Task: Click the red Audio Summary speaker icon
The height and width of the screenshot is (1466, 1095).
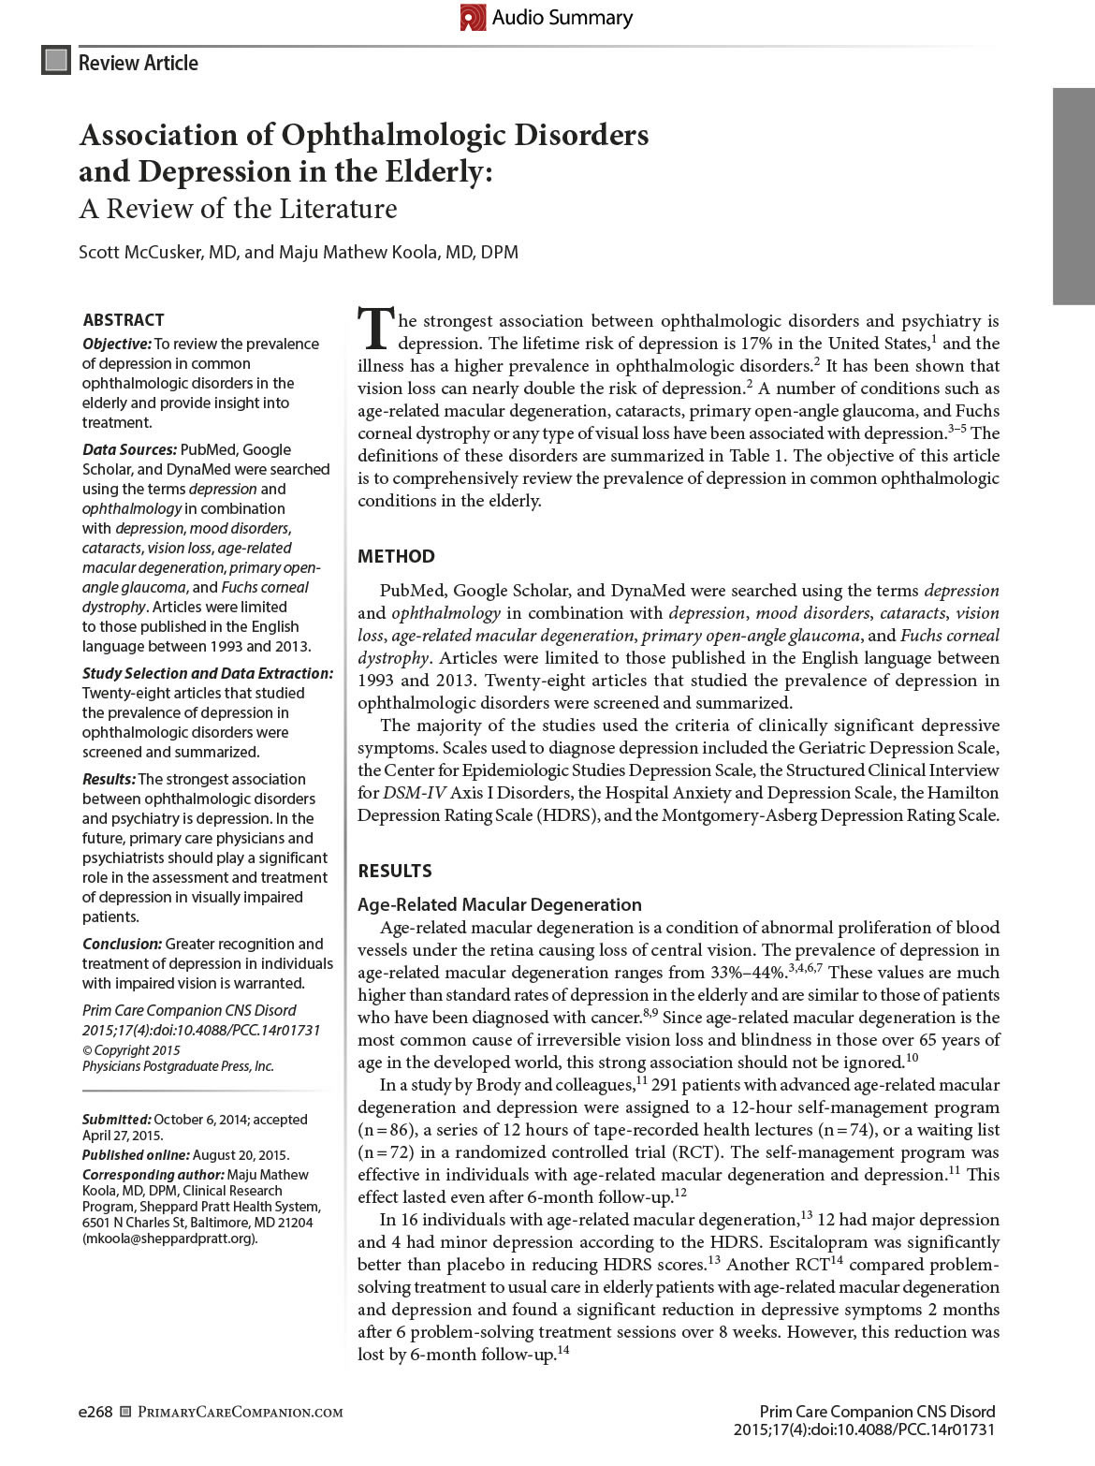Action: tap(474, 17)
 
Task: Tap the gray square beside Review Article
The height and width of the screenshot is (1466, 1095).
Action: tap(56, 62)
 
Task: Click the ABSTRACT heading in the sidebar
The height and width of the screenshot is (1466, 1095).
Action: tap(124, 319)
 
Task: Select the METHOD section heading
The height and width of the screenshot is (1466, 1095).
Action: tap(396, 556)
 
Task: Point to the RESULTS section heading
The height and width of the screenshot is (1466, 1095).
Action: tap(395, 871)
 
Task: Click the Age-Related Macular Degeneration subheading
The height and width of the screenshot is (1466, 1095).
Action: tap(500, 904)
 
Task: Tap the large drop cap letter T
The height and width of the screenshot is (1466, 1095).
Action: tap(375, 329)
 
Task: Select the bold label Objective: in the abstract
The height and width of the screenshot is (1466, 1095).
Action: tap(117, 344)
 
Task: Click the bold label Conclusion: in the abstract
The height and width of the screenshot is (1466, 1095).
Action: tap(122, 944)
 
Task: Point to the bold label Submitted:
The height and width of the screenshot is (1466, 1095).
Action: tap(116, 1119)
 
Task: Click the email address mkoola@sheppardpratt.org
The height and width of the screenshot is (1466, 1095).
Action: tap(169, 1239)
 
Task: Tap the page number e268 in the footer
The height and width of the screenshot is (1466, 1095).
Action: tap(95, 1412)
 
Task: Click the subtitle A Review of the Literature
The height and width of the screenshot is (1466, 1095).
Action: tap(238, 208)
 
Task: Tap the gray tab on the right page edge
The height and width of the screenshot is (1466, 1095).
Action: tap(1073, 196)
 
